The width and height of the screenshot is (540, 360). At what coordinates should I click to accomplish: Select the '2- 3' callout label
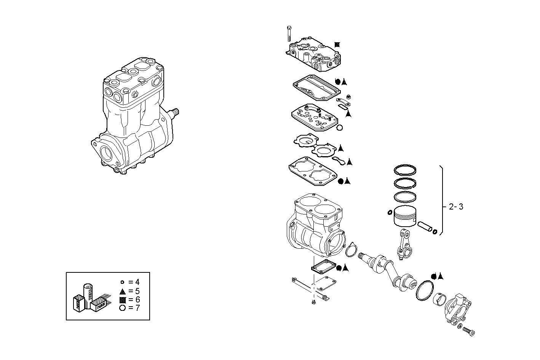[x=456, y=207]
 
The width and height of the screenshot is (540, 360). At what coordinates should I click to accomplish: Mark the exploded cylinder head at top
[x=313, y=54]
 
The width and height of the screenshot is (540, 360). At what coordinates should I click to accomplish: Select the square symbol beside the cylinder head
[x=337, y=45]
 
